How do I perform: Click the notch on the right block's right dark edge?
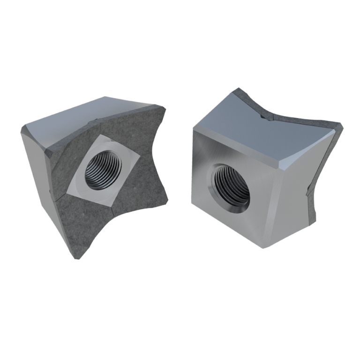point(307,190)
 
